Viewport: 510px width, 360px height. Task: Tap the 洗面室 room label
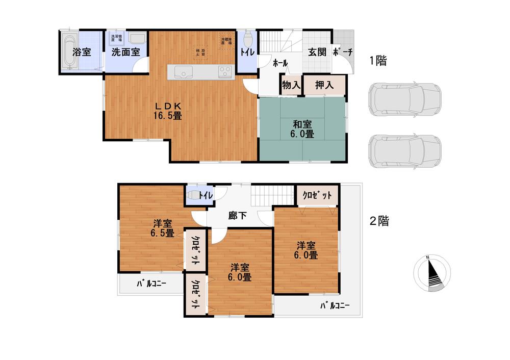125,52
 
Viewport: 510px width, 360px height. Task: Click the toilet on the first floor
248,39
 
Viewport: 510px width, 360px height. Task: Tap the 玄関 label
317,52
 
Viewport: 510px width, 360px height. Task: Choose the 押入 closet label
324,85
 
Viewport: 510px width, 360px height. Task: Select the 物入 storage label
291,85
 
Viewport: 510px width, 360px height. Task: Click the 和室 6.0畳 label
303,128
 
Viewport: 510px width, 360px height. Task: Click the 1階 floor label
378,61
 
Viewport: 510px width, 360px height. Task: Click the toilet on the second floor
194,195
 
